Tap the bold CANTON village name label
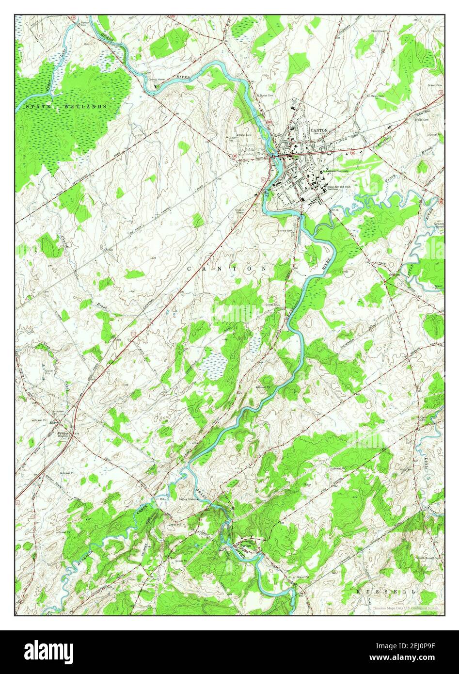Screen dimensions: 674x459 (319, 130)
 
